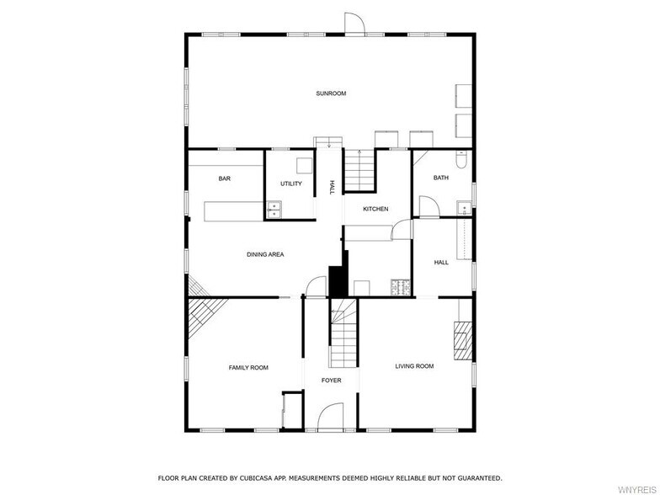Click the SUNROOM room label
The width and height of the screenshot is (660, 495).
pos(331,93)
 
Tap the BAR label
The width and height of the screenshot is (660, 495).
pos(224,178)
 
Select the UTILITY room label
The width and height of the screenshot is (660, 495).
pos(291,184)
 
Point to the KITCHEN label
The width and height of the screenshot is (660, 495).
pos(375,209)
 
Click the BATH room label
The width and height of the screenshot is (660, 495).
pos(441,178)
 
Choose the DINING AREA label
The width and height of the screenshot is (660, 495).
pos(265,254)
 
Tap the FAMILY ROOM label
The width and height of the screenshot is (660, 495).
pos(248,367)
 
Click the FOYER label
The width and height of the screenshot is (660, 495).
pos(332,381)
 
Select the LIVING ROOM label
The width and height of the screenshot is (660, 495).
pos(414,366)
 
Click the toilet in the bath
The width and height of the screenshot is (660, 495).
pos(461,159)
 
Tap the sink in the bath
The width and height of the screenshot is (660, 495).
pos(465,209)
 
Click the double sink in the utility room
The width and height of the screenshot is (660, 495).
pos(274,210)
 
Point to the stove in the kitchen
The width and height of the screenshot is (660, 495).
pos(401,288)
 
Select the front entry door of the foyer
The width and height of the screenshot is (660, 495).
pos(331,417)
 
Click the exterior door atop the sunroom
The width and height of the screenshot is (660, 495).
pos(354,24)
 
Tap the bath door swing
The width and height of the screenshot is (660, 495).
pos(429,207)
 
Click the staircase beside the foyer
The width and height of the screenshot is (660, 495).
pos(343,333)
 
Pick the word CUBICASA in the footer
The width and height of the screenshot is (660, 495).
pos(257,478)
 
